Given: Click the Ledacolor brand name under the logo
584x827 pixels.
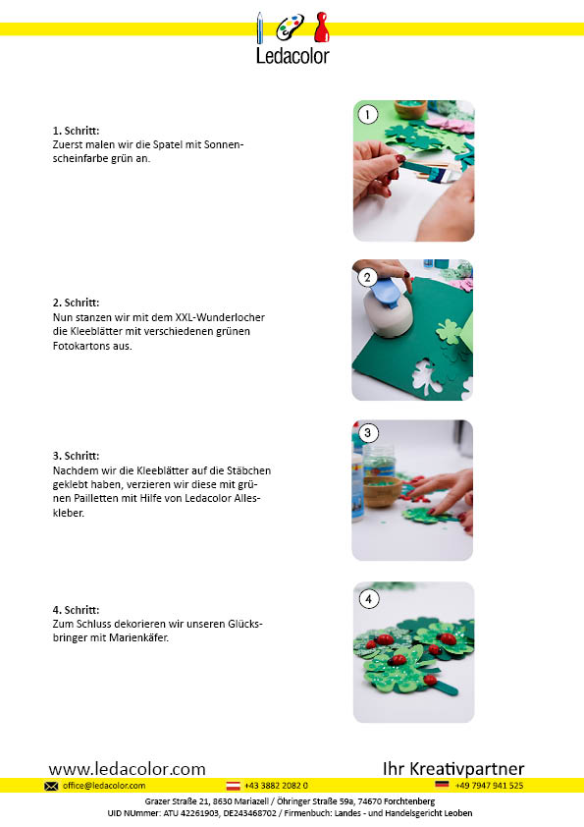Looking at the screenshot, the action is pos(292,56).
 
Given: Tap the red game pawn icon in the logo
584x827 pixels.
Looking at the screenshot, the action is pos(322,28).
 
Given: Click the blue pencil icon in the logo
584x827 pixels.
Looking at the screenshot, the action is pos(259,28).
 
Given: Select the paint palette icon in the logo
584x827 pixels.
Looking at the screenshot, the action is pos(291,27).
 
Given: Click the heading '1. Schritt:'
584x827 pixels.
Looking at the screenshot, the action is pos(76,131).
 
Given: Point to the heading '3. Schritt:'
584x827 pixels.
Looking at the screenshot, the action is pos(76,456).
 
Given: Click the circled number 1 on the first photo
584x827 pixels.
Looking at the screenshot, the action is pos(367,115).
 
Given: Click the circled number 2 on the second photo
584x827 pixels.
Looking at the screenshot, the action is pos(367,277).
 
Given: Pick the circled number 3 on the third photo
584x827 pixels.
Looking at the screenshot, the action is pos(368,433).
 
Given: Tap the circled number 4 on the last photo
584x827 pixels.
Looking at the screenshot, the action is pos(368,599).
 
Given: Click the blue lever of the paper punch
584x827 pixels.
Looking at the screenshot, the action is pos(388,293).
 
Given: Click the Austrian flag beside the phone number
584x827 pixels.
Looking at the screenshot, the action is pos(233,786).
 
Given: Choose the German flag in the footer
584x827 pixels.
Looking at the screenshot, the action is pos(443,785).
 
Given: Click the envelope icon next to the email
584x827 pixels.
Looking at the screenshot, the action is pos(51,786).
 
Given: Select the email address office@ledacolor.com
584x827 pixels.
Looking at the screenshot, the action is pos(104,786).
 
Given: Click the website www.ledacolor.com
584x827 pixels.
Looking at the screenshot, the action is pos(127,768).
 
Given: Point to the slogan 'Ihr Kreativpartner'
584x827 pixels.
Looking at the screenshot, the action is pos(453,768).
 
